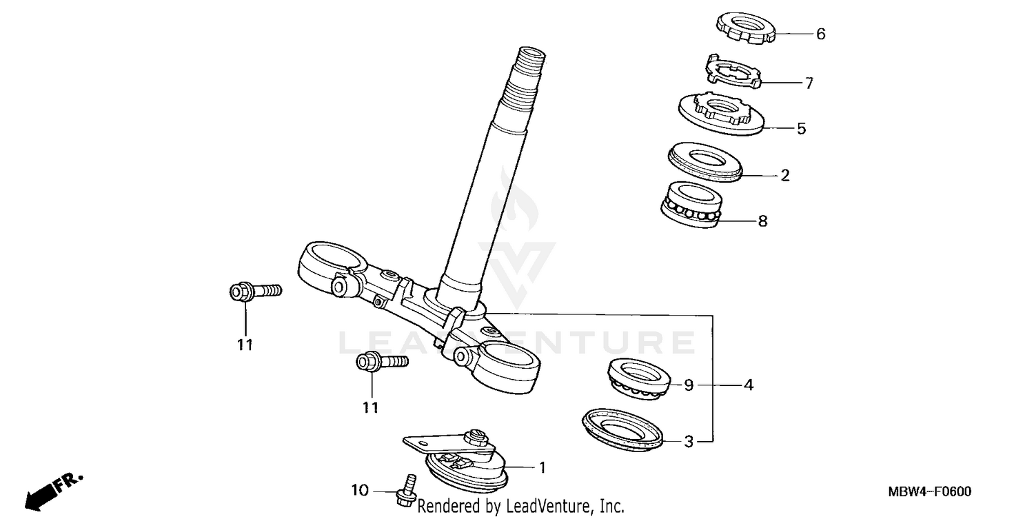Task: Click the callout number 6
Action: coord(820,34)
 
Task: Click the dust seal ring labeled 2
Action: coord(704,163)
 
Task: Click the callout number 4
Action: coord(748,385)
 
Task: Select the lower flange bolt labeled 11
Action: coord(379,360)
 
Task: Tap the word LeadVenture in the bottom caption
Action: coord(548,507)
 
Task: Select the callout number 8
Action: coord(762,221)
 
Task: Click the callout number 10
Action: coord(360,491)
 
